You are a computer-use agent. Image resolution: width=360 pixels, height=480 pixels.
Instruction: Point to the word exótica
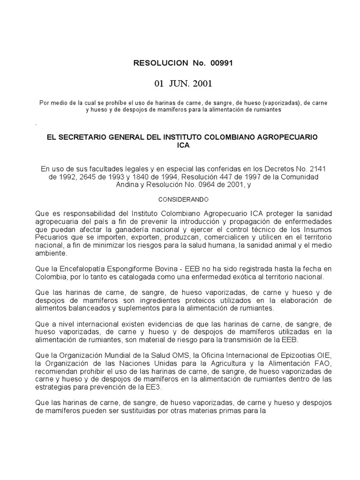click(x=241, y=277)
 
